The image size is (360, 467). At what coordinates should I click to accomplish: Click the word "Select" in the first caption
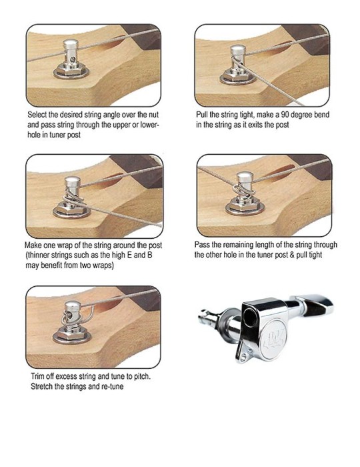click(x=37, y=115)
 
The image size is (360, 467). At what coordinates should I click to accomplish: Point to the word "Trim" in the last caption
click(x=37, y=376)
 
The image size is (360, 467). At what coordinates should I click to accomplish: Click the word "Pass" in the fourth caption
click(x=201, y=245)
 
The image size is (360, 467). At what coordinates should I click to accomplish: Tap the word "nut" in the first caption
click(x=153, y=115)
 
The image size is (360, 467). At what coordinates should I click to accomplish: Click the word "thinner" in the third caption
click(x=39, y=256)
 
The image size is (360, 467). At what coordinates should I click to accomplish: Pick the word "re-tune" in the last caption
click(x=112, y=386)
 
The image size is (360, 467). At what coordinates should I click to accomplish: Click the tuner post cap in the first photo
click(x=71, y=45)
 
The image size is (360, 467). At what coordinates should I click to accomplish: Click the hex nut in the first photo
click(x=71, y=71)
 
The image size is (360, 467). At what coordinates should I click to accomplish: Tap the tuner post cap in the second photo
click(x=238, y=50)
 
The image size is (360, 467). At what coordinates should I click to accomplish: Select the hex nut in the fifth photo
click(x=71, y=334)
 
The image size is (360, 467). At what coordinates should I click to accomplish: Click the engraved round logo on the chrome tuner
click(x=273, y=339)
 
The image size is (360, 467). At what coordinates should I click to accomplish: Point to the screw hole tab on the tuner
click(x=243, y=355)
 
